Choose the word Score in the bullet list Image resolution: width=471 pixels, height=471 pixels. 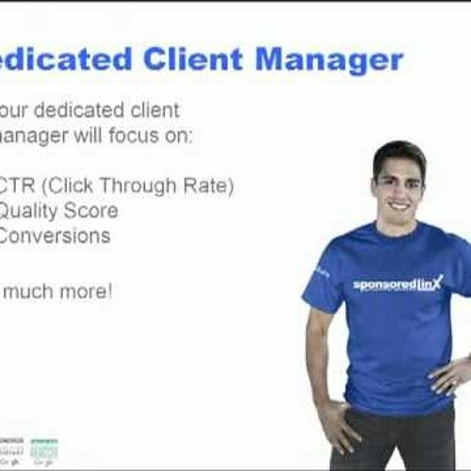tap(90, 210)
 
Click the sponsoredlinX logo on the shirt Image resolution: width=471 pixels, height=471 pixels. tap(398, 283)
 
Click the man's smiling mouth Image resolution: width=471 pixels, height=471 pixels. tap(399, 204)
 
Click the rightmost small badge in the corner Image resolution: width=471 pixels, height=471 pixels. tap(43, 452)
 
